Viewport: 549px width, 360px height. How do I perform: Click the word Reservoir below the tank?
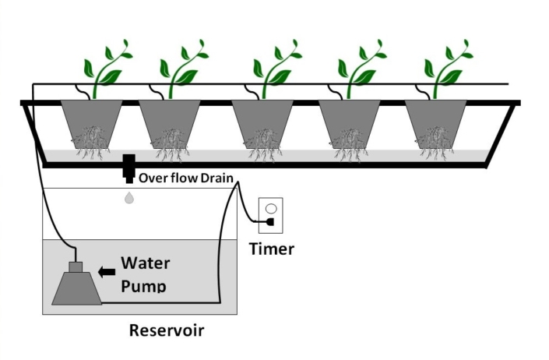[166, 330]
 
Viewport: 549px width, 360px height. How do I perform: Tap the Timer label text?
[271, 249]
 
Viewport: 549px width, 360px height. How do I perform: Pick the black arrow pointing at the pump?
[107, 271]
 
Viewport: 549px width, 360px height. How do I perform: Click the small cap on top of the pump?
[76, 267]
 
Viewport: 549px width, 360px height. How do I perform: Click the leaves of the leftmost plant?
[107, 66]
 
